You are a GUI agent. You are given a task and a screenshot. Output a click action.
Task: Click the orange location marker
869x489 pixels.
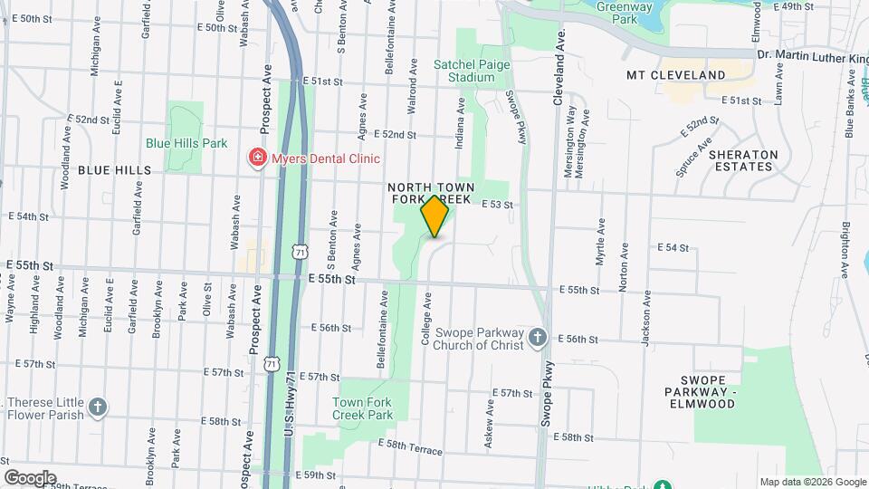(435, 216)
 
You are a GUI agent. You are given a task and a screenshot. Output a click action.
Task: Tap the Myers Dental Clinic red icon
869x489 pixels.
(258, 158)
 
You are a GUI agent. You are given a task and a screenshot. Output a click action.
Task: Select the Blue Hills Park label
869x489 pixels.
(186, 143)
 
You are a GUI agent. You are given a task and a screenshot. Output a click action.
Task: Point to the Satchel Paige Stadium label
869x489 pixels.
(472, 71)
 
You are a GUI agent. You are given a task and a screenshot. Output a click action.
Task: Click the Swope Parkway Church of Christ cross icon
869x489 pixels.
(538, 339)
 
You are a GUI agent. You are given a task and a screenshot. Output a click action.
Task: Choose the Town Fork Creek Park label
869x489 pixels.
(363, 408)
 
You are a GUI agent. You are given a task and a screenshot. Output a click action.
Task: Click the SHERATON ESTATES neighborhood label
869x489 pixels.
(743, 160)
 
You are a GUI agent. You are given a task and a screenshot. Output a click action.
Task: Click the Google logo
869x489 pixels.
(29, 477)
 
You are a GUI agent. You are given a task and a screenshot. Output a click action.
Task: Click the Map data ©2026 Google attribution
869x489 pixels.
(812, 482)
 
